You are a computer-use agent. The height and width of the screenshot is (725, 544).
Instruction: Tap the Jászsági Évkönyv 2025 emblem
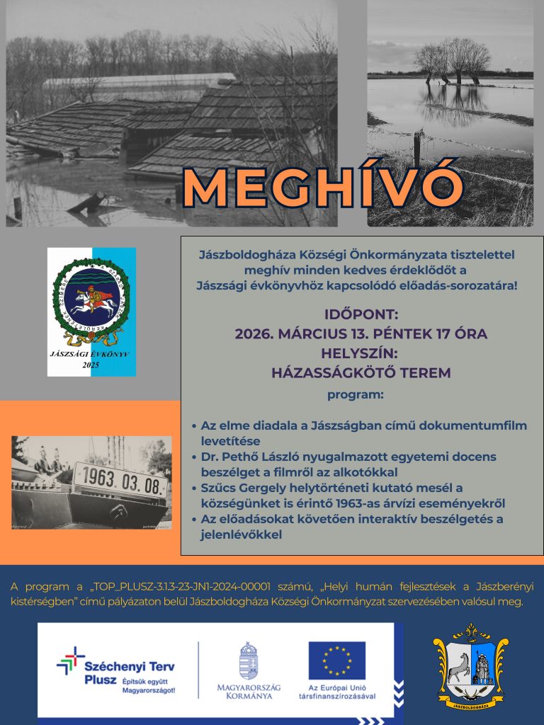91,312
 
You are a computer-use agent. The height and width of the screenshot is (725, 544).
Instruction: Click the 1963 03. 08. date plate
121,482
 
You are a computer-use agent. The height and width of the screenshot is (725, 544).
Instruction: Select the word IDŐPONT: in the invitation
361,314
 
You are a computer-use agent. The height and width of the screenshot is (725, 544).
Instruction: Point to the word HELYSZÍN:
361,353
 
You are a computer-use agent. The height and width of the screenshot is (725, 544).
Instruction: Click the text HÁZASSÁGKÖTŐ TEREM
361,372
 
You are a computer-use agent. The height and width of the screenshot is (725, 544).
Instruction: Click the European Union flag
336,659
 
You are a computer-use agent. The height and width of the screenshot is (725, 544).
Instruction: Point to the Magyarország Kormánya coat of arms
249,659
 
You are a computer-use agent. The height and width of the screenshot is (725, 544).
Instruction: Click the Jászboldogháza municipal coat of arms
470,667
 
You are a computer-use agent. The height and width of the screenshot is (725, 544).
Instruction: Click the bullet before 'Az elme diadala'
194,427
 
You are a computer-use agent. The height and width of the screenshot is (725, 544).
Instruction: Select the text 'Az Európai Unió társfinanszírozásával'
337,692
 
